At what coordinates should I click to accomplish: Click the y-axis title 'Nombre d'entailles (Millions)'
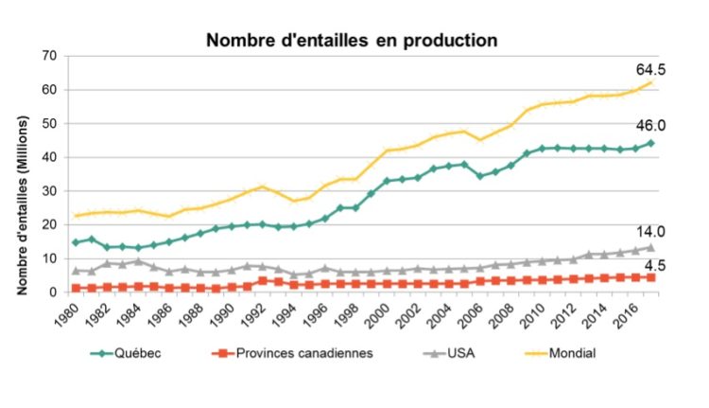(x=20, y=174)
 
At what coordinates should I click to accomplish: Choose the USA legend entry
(x=443, y=354)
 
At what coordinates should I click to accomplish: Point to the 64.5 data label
(x=652, y=69)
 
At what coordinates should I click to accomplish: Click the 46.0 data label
(x=652, y=125)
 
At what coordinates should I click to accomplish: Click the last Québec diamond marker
(x=651, y=143)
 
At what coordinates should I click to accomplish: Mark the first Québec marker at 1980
(x=76, y=242)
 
